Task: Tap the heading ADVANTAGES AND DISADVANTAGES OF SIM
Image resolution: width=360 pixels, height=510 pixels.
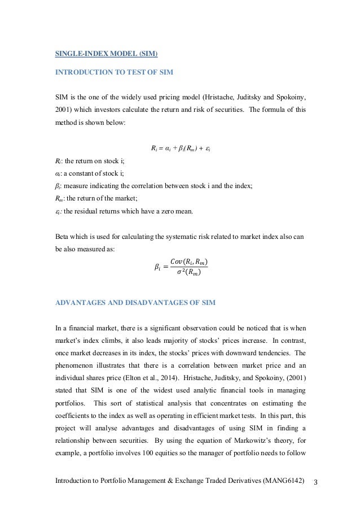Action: pos(133,302)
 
